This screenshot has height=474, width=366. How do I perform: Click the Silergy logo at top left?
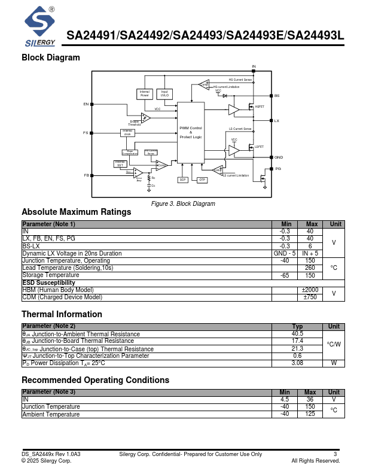(41, 27)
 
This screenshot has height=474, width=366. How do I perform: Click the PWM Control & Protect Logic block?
(190, 132)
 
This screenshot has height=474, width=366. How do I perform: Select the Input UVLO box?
(164, 93)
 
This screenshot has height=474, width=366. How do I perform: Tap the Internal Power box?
(145, 93)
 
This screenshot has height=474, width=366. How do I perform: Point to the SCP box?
(183, 180)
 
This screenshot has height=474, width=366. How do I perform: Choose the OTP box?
(202, 180)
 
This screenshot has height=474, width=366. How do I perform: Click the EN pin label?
(86, 104)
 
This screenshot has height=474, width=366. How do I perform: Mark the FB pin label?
(86, 175)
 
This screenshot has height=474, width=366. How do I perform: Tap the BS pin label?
(277, 96)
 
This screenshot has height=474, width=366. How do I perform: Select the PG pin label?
(277, 169)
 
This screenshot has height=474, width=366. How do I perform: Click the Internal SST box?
(120, 163)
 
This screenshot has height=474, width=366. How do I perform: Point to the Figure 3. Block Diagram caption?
(183, 204)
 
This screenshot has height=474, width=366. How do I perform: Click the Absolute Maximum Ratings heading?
(76, 212)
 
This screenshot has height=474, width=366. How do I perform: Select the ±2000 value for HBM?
(310, 290)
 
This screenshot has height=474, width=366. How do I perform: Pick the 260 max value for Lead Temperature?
(310, 268)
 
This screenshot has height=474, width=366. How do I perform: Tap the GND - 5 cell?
(285, 253)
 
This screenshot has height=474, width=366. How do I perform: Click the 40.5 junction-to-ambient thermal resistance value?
(297, 333)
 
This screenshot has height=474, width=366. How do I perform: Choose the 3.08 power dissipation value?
(297, 363)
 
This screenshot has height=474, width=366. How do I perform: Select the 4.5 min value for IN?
(285, 399)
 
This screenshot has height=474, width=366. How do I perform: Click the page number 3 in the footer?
(335, 454)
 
